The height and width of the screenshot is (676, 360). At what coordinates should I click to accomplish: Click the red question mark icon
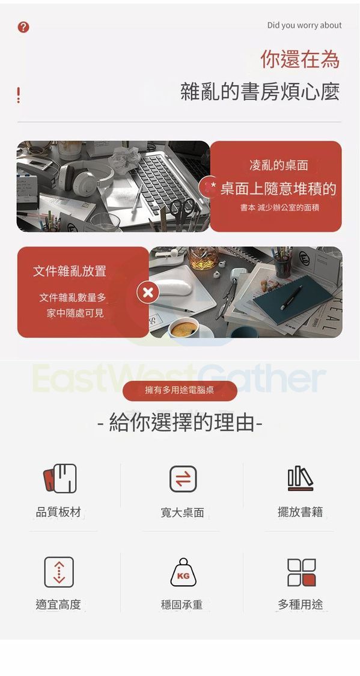[x=23, y=27]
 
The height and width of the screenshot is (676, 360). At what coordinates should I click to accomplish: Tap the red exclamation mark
[x=19, y=95]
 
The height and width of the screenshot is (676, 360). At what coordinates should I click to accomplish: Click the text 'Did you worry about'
[x=304, y=25]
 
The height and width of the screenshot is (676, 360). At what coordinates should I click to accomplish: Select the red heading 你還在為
[x=300, y=59]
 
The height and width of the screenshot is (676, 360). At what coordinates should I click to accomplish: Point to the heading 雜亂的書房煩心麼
[x=260, y=91]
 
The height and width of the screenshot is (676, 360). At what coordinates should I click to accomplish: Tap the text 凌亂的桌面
[x=278, y=165]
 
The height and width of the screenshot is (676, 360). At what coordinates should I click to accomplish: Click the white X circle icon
[x=148, y=293]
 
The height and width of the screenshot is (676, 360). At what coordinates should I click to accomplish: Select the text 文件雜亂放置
[x=69, y=271]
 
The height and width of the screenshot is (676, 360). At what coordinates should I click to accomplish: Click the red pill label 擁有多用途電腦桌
[x=180, y=391]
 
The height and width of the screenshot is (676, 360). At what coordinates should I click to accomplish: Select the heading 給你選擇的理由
[x=180, y=422]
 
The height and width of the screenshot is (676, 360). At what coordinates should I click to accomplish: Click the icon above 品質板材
[x=59, y=478]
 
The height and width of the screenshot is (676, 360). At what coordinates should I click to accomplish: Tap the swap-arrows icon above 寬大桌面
[x=183, y=479]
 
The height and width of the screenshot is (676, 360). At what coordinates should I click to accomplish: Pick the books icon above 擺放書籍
[x=300, y=478]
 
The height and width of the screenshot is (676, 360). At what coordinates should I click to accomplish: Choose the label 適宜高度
[x=58, y=604]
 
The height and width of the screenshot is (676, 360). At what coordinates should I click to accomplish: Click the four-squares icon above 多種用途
[x=301, y=573]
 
